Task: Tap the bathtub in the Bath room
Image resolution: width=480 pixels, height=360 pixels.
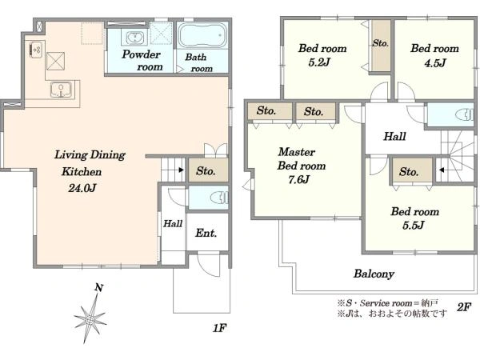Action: pos(202,35)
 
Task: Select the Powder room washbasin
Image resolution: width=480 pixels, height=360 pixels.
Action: pos(134,38)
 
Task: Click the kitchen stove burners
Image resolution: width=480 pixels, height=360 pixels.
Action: pos(37,50)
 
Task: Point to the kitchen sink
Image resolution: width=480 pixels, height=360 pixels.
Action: pos(62,90)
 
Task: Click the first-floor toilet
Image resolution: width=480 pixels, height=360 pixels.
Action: pos(220,197)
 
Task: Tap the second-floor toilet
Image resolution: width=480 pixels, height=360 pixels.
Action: pos(465,115)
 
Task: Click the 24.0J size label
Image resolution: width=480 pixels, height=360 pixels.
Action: pos(82,188)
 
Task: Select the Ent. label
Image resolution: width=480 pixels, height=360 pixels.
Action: pos(206,233)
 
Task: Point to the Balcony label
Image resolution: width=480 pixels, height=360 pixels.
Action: pos(374,274)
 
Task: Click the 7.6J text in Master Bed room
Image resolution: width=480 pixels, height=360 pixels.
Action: pos(298,179)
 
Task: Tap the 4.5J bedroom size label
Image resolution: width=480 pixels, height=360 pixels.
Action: pos(435,63)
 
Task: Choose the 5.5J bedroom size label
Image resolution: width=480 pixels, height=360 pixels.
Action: pos(414,226)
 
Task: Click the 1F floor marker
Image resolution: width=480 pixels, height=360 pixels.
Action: pos(219,328)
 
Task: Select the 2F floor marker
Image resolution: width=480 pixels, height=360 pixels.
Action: pos(463,307)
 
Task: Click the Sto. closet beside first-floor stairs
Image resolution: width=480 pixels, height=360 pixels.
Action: pos(208,170)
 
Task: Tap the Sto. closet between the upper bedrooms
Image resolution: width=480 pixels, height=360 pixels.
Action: pos(381,46)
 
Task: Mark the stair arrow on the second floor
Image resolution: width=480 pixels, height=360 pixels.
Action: pos(441,170)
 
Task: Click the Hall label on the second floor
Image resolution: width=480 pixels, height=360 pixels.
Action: pos(395,136)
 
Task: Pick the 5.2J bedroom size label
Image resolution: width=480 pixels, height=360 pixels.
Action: pos(319,62)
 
